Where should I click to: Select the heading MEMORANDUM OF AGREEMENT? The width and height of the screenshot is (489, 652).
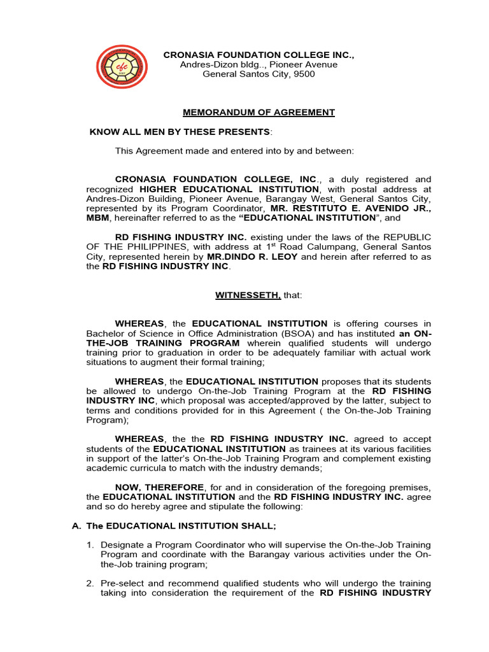coord(259,112)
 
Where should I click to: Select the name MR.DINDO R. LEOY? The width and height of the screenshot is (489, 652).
coord(252,257)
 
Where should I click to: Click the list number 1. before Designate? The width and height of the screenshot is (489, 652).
coord(90,544)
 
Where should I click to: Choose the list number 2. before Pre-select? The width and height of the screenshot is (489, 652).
coord(90,583)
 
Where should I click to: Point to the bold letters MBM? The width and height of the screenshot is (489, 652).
coord(98,218)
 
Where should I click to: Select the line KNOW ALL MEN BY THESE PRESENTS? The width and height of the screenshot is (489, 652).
coord(180,132)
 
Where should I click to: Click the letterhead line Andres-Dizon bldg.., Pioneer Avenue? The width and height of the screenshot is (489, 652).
coord(259,64)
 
